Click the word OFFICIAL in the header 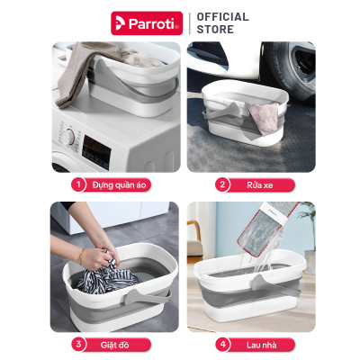(222, 16)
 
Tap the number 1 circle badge (78, 185)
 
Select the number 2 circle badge (220, 185)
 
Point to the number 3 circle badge (78, 344)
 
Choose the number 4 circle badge (220, 344)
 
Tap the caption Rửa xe (260, 185)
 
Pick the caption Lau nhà (261, 344)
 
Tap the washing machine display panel (96, 146)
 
